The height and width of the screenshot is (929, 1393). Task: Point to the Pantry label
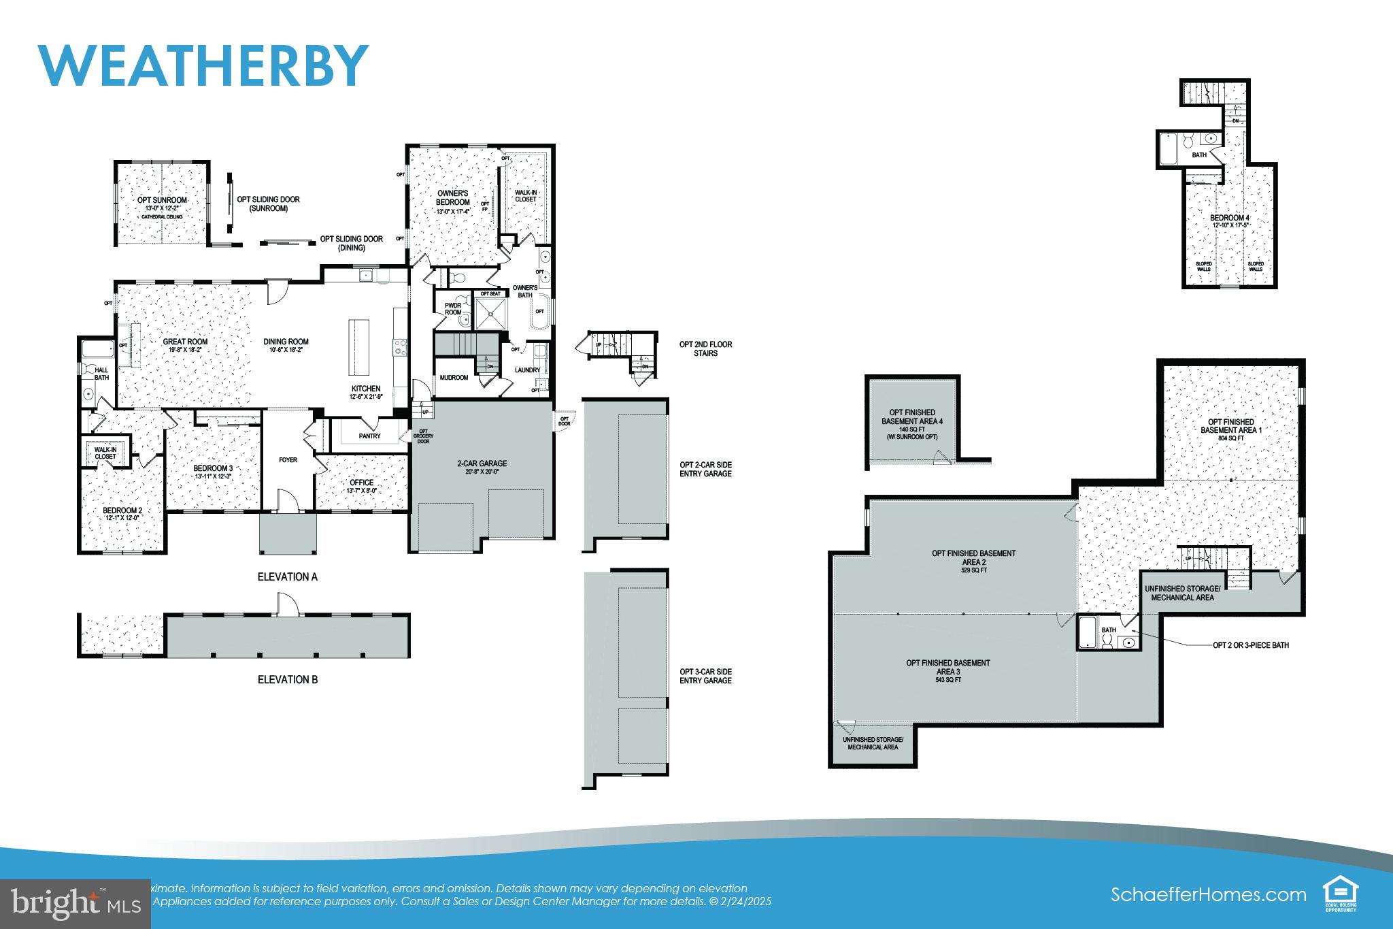click(369, 436)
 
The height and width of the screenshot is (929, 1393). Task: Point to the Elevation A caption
click(287, 576)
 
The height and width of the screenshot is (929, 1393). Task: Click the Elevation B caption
click(287, 679)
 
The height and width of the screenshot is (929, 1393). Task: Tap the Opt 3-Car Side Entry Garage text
click(705, 676)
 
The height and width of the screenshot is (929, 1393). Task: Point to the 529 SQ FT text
click(973, 570)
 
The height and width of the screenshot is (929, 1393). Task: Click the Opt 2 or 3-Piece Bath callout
click(1250, 645)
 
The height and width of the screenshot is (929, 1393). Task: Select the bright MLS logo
click(75, 905)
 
